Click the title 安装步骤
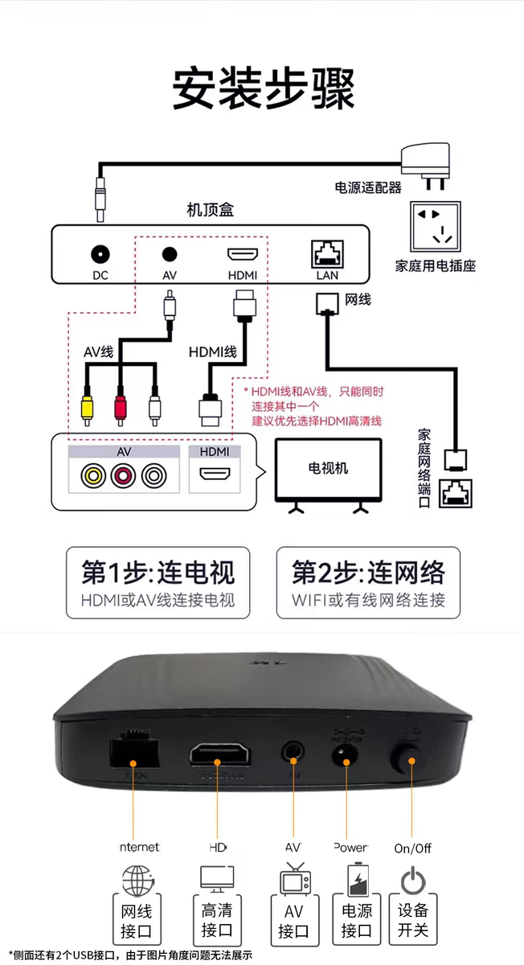pos(263,88)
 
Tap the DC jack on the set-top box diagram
pos(100,255)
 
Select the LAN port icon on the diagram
pos(326,254)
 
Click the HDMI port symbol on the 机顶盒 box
pos(243,255)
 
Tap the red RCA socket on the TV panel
pos(123,476)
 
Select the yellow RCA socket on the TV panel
pos(93,476)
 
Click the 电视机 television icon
pos(328,471)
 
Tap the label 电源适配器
pos(367,187)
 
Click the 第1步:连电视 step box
pos(158,583)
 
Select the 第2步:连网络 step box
pos(368,583)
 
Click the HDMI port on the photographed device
pos(219,755)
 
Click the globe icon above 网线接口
pos(137,880)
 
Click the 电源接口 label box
pos(356,922)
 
